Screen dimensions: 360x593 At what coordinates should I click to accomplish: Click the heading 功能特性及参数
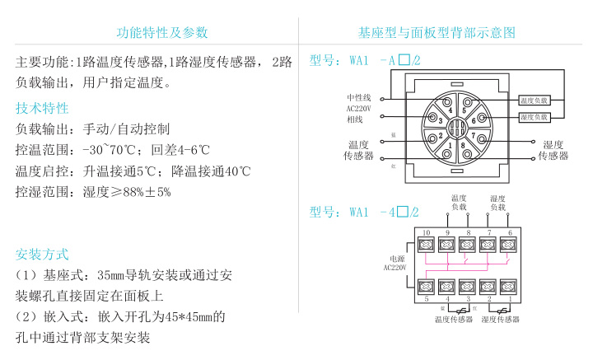(x=163, y=33)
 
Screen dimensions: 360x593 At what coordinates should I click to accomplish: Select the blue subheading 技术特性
(x=43, y=108)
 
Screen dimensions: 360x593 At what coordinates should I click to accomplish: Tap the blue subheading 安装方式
(x=43, y=255)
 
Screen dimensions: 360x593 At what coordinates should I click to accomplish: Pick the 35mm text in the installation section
(x=110, y=274)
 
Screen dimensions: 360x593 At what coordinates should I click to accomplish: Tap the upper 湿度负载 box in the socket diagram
(x=534, y=100)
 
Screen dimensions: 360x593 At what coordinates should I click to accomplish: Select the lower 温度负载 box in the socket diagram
(x=534, y=118)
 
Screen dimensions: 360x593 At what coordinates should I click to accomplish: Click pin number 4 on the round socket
(x=450, y=110)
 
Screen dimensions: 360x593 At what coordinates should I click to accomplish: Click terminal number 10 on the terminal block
(x=426, y=233)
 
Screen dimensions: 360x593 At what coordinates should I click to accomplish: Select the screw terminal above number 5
(x=427, y=287)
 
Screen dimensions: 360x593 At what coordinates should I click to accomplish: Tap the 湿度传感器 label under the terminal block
(x=501, y=319)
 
